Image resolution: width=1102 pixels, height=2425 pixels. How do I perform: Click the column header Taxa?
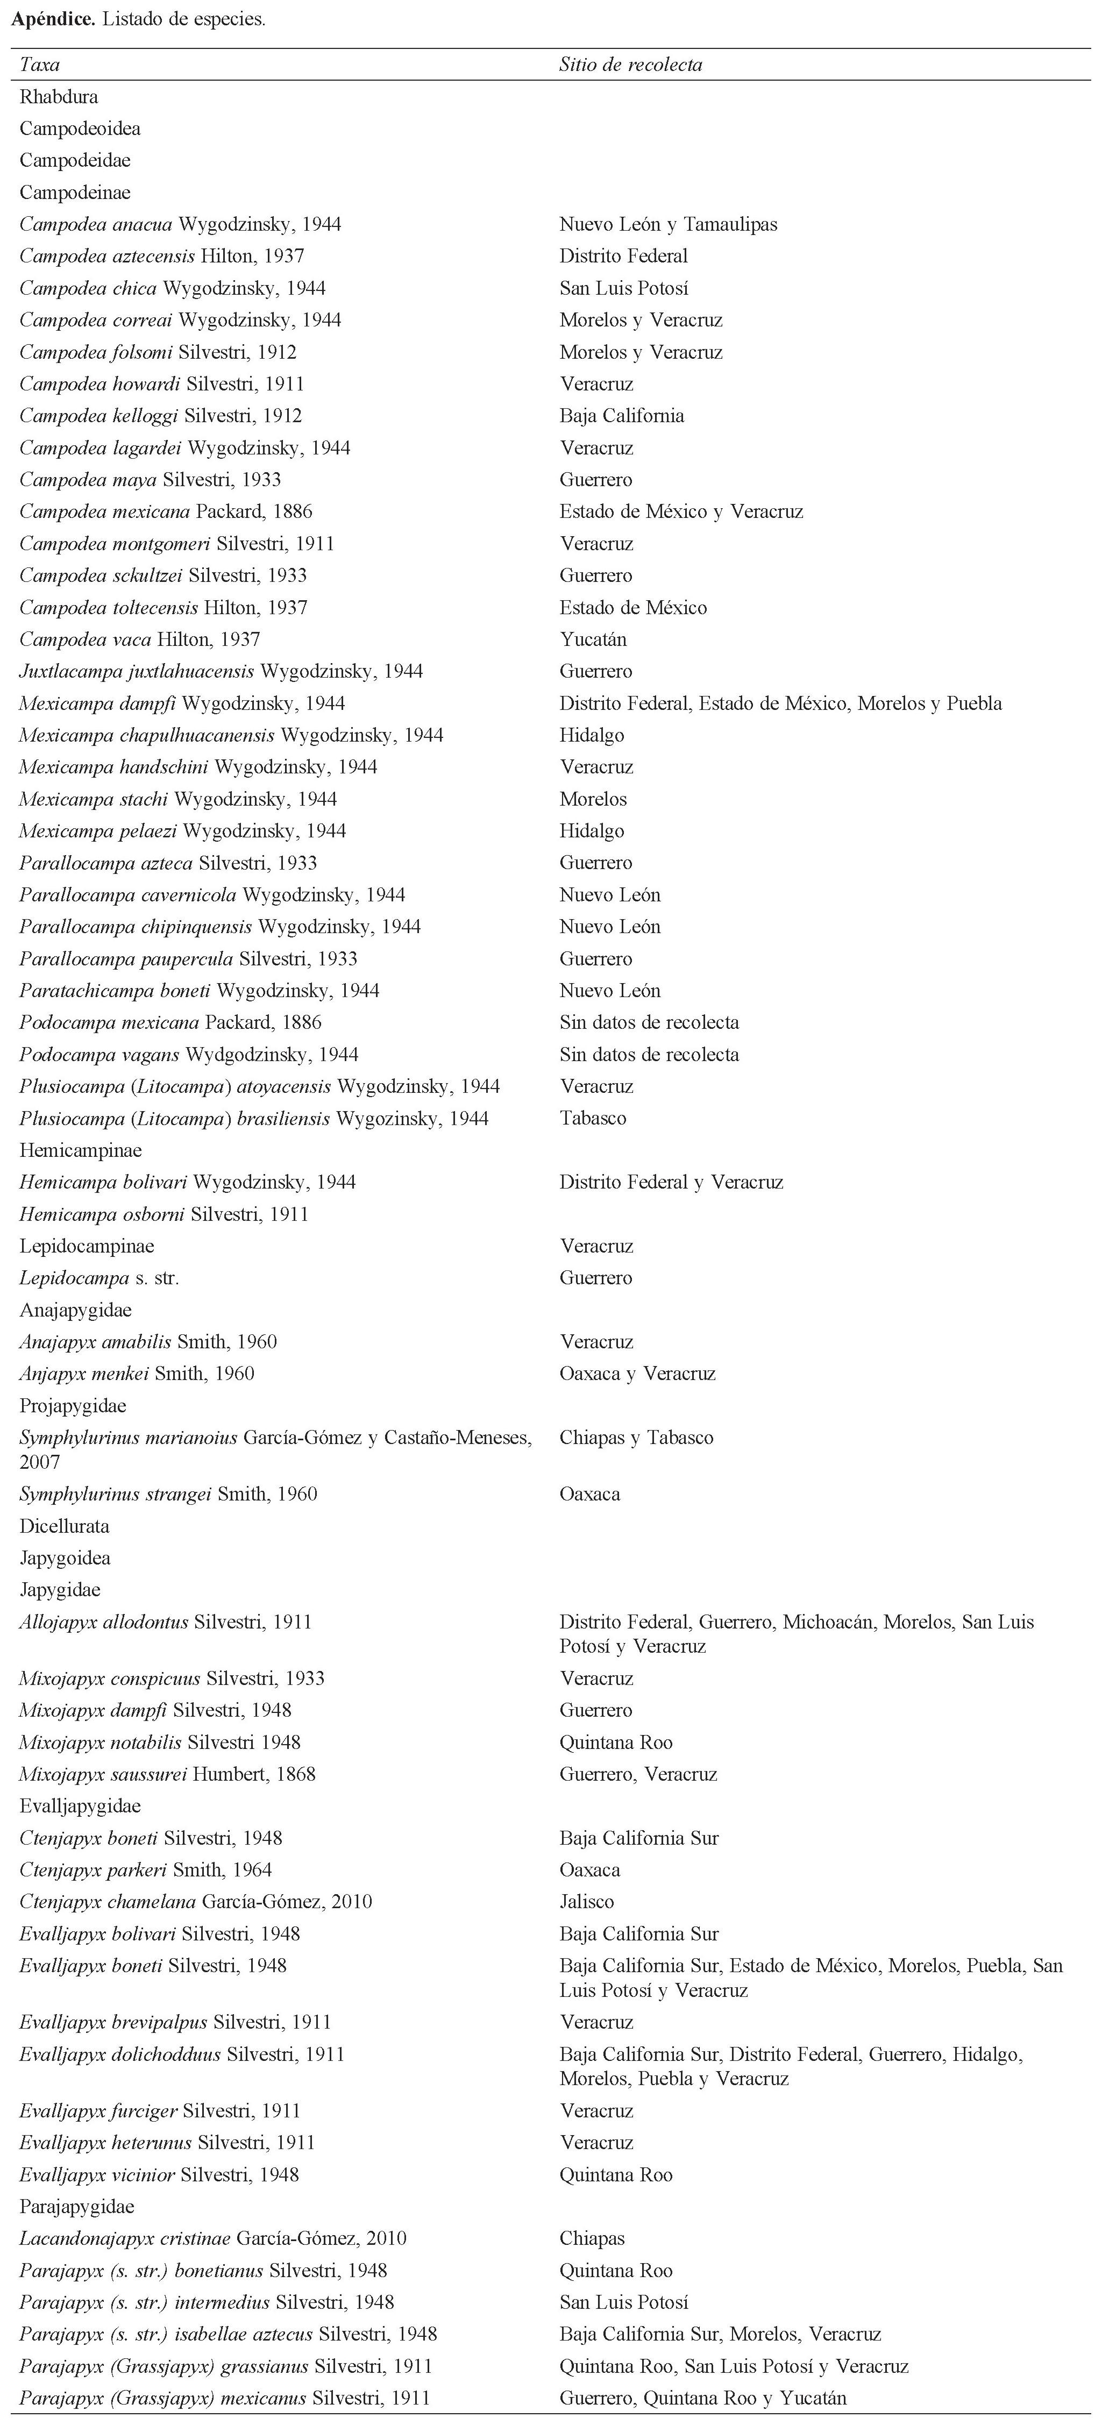pyautogui.click(x=39, y=65)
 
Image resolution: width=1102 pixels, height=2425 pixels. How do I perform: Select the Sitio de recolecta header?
pyautogui.click(x=630, y=65)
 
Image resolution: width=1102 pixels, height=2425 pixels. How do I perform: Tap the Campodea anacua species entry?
pyautogui.click(x=180, y=224)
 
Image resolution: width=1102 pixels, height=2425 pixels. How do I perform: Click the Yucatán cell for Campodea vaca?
pyautogui.click(x=593, y=639)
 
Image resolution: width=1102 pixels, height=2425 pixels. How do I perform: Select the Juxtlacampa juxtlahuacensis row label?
pyautogui.click(x=221, y=671)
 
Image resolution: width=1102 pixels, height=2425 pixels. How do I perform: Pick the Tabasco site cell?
pyautogui.click(x=593, y=1118)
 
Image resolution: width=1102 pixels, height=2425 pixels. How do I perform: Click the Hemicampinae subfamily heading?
pyautogui.click(x=81, y=1150)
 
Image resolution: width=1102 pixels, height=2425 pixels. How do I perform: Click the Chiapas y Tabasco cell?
pyautogui.click(x=636, y=1438)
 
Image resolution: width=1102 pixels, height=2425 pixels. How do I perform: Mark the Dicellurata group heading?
pyautogui.click(x=64, y=1526)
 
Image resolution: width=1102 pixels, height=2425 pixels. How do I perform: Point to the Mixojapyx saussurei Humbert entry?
pyautogui.click(x=167, y=1774)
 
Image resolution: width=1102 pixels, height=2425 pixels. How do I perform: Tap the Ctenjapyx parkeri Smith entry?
pyautogui.click(x=146, y=1869)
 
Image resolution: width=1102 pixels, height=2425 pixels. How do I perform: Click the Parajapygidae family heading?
pyautogui.click(x=77, y=2207)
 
